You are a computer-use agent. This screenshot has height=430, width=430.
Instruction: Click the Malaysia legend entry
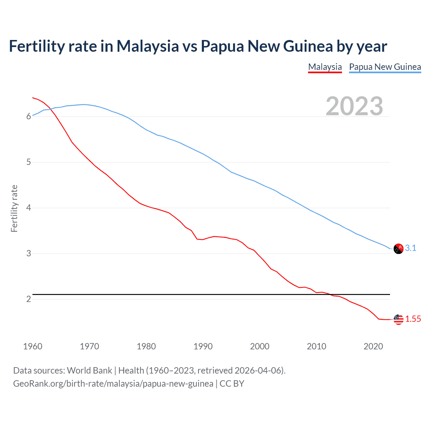[325, 67]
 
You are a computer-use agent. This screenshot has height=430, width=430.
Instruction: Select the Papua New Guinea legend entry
[385, 67]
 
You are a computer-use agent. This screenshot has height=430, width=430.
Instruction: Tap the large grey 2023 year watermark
[354, 106]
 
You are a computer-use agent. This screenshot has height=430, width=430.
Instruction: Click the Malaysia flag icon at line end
[398, 319]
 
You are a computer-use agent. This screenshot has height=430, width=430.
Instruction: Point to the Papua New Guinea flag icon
[398, 249]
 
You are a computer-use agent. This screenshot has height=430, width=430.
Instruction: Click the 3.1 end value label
[411, 248]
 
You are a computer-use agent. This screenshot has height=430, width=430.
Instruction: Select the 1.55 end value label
[413, 319]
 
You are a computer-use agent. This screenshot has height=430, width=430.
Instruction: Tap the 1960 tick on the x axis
[33, 346]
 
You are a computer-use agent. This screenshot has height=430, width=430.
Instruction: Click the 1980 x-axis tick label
[146, 346]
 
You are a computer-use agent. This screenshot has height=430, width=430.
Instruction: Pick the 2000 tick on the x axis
[260, 346]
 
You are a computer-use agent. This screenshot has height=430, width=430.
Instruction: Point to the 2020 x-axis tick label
[373, 346]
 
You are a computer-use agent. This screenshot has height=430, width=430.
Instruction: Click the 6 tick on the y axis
[29, 117]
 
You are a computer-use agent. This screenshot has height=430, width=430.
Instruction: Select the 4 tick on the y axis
[29, 208]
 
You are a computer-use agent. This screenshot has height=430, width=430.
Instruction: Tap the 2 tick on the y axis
[29, 299]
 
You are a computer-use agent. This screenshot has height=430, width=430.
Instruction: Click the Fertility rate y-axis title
[14, 208]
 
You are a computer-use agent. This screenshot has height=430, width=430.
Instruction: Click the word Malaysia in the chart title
[147, 46]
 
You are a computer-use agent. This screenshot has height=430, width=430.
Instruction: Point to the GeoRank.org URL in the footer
[113, 384]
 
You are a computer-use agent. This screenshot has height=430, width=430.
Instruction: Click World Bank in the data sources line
[89, 371]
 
